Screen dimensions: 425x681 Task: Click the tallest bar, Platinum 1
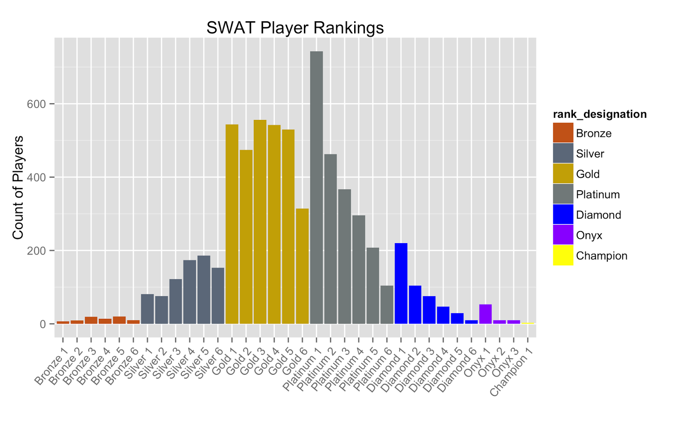pos(316,187)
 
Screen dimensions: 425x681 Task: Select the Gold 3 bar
pos(260,221)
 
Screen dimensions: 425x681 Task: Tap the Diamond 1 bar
pos(401,283)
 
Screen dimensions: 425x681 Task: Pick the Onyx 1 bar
pos(485,314)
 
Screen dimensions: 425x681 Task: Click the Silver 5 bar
pos(204,289)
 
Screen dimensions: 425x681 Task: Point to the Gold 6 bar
pos(302,266)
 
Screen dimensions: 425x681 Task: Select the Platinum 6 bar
pos(387,304)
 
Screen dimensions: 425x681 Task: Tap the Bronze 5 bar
pos(119,320)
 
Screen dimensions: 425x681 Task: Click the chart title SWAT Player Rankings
pos(295,28)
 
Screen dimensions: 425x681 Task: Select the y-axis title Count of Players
pos(18,187)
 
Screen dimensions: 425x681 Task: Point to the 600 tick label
pos(36,104)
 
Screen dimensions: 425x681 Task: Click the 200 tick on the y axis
pos(36,251)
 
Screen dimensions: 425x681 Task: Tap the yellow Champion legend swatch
pos(563,255)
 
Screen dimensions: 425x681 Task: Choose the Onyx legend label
pos(589,235)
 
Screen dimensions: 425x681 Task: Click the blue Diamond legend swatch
pos(563,215)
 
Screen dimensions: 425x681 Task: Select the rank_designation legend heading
pos(600,114)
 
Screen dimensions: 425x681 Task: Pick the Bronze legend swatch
pos(563,133)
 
